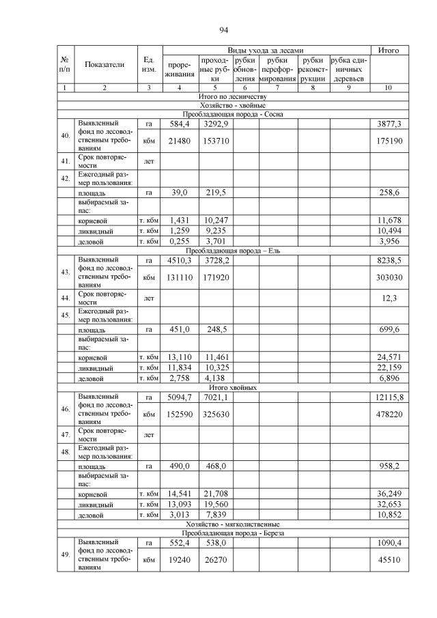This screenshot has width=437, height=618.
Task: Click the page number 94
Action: click(223, 30)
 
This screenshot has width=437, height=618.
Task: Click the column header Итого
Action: click(389, 51)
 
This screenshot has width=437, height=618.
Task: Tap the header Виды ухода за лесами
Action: click(266, 51)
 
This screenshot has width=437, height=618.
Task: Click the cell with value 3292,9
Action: click(215, 124)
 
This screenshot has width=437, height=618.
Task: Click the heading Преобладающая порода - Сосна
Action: click(232, 114)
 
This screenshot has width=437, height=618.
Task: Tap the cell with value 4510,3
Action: click(180, 260)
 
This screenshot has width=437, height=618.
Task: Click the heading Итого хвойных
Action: click(232, 387)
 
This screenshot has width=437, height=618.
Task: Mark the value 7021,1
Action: click(215, 397)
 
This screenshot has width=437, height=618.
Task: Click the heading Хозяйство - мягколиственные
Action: click(232, 524)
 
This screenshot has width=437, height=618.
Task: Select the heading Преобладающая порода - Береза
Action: click(232, 533)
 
